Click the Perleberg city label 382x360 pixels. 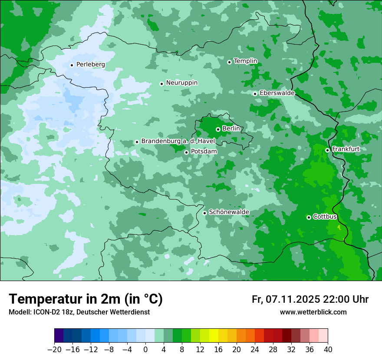[90, 65]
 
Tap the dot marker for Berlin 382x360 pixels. [218, 129]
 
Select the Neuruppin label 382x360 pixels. [181, 83]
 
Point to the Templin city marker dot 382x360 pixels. [229, 62]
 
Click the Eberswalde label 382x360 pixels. [277, 93]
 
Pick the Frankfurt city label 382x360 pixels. [346, 149]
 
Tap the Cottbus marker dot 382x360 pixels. [309, 217]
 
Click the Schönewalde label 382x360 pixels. [229, 212]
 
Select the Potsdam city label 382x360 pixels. [204, 152]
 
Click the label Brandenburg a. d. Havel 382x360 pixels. [178, 141]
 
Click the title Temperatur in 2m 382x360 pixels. [86, 299]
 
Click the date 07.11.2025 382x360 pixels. [293, 299]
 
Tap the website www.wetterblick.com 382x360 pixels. [313, 312]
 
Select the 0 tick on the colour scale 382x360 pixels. [145, 350]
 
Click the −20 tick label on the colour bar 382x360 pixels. [54, 350]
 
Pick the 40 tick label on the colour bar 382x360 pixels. [328, 350]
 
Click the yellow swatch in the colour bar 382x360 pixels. [214, 336]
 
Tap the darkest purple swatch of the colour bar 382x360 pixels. [59, 336]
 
